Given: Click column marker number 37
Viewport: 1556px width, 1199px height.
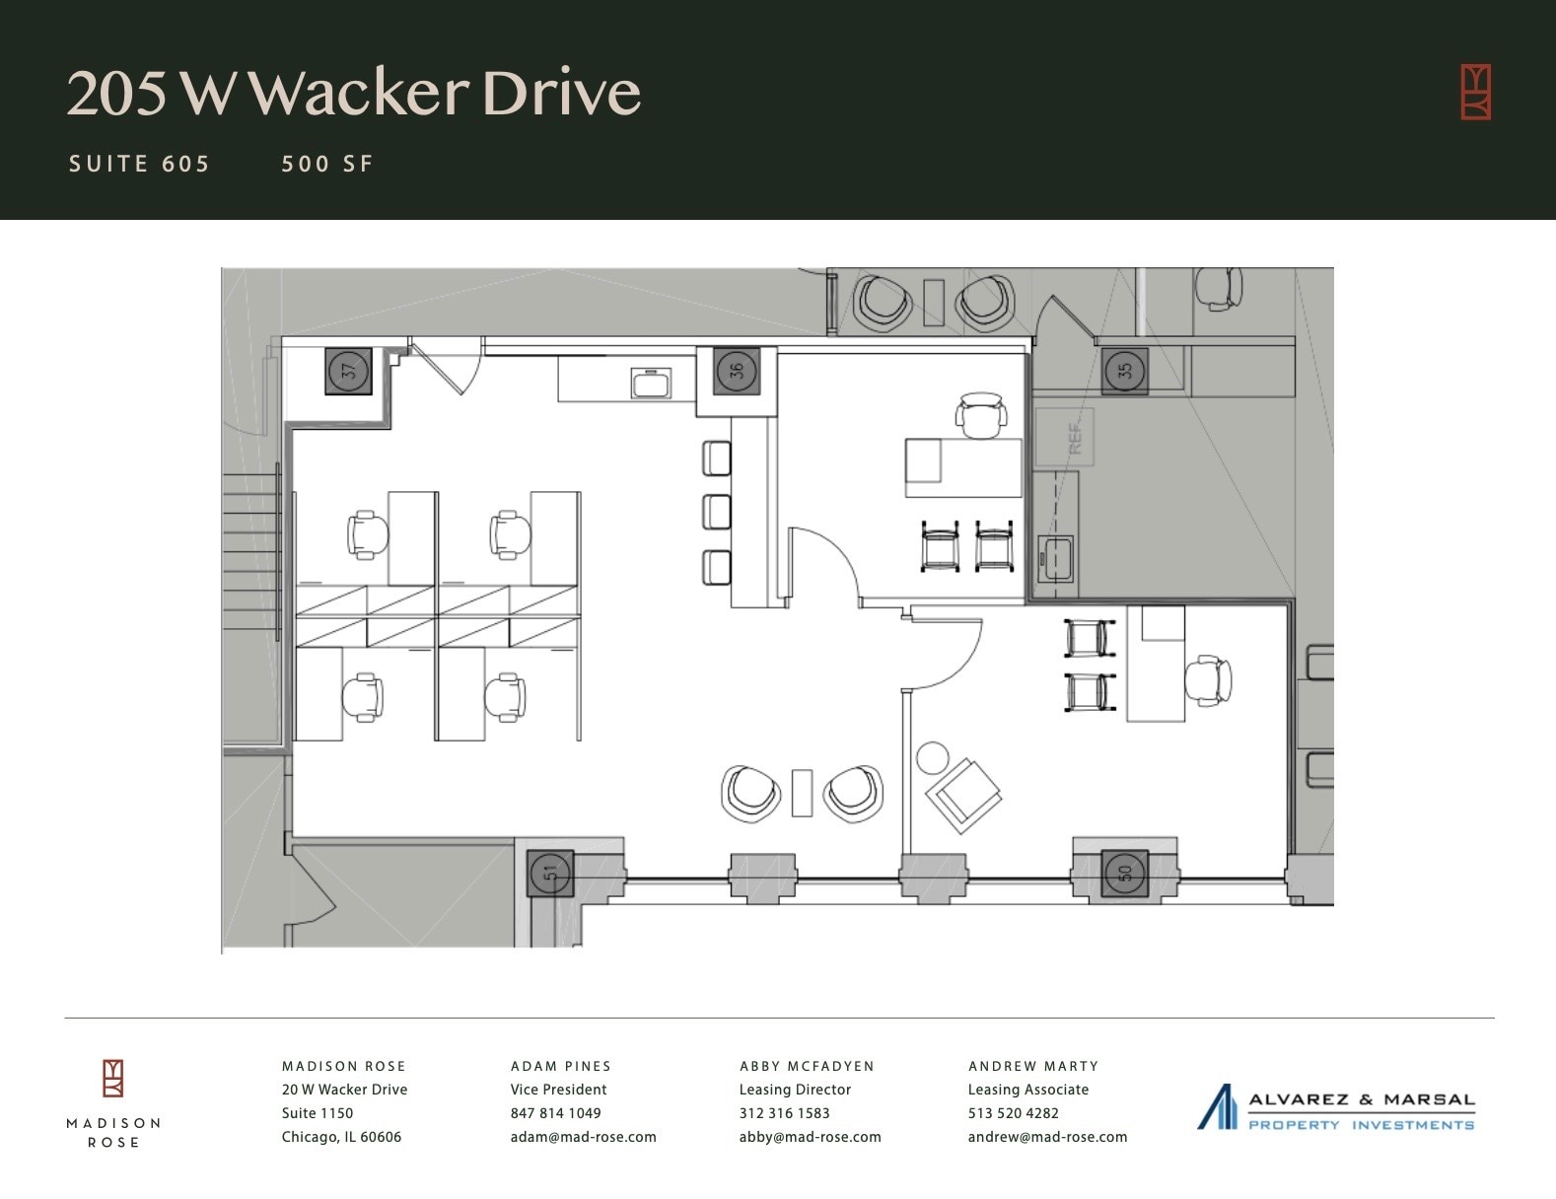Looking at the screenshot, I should coord(348,371).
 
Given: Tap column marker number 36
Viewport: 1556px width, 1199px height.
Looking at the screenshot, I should coord(737,371).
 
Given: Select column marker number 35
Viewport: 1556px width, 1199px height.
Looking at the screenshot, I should coord(1124,371).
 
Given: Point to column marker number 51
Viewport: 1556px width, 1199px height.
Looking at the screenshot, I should coord(550,873).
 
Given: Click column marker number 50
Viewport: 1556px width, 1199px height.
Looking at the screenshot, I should coord(1124,873).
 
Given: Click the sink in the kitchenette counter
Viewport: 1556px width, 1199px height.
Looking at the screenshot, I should coord(651,383).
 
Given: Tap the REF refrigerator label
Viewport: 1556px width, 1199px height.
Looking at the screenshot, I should coord(1075,437).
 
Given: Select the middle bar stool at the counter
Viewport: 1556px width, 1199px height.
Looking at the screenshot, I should coord(717,512).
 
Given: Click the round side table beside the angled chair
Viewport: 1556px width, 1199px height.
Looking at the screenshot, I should coord(932,757).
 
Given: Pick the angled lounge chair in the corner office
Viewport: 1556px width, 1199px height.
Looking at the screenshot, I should coord(961,795).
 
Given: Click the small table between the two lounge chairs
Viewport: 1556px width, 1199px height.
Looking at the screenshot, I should coord(802,793).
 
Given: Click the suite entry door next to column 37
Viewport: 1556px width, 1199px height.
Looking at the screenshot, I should coord(446,367).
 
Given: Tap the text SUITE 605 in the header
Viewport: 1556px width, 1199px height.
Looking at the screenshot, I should coord(139,164).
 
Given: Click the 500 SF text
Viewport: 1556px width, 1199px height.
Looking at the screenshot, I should coord(327,164).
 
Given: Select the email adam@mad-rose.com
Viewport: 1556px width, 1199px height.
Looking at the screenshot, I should coord(583,1137).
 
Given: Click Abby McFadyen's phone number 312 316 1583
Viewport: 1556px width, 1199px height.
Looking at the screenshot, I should coord(784,1113).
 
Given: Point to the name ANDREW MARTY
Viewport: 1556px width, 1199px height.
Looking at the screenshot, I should coord(1032,1066).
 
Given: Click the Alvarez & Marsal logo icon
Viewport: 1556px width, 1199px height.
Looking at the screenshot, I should coord(1217,1106).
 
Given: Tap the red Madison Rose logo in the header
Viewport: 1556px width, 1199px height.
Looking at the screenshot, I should coord(1475,92).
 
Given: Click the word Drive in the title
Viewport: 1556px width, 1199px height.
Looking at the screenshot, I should coord(561,93).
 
